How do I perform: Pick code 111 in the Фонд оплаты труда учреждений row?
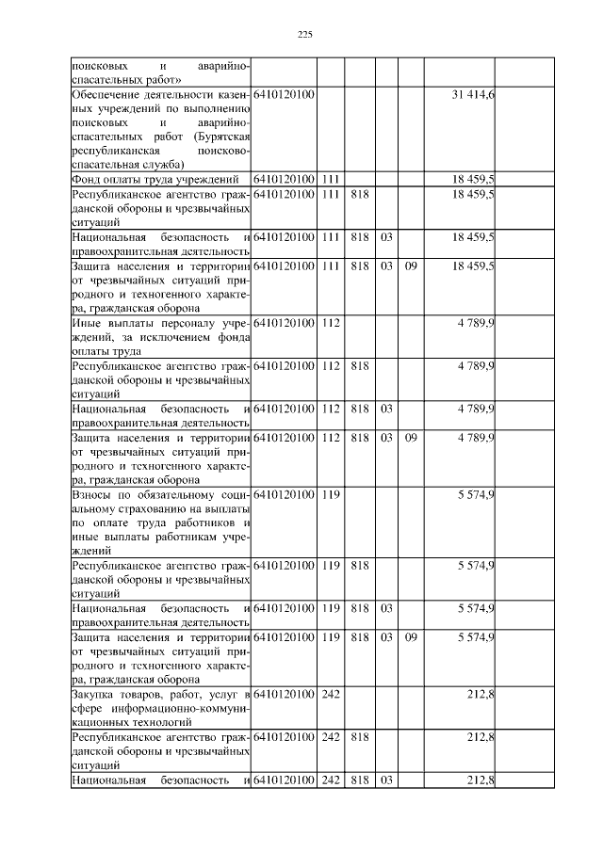[x=330, y=179]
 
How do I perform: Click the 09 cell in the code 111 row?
[x=411, y=266]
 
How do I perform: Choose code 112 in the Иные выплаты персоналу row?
[x=330, y=323]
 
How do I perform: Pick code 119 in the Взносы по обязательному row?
[x=330, y=494]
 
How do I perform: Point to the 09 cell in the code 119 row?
[x=411, y=637]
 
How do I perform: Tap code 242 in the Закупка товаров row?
[x=330, y=695]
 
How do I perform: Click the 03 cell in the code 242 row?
[x=386, y=780]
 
